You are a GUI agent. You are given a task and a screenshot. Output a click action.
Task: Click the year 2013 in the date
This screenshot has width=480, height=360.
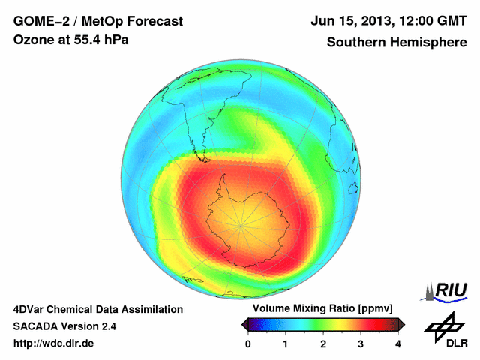(x=376, y=20)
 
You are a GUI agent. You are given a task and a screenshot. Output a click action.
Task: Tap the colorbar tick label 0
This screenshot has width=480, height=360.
(x=249, y=343)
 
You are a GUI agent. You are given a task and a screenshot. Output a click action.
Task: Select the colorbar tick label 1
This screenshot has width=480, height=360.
(x=286, y=343)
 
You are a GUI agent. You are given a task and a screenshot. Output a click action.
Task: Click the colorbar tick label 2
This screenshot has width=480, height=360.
(x=323, y=343)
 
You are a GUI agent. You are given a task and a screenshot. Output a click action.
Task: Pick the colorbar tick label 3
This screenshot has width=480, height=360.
(x=361, y=343)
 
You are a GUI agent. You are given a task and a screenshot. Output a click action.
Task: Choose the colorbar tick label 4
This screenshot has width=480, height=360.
(x=398, y=343)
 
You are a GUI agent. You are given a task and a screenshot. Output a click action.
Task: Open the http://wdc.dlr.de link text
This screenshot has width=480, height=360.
(x=54, y=343)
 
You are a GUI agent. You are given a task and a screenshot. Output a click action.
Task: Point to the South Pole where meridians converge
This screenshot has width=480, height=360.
(x=241, y=223)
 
